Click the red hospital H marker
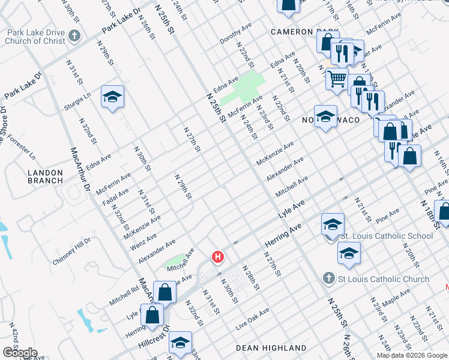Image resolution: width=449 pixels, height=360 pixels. point(218,257)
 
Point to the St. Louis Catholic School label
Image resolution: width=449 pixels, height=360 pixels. point(386,236)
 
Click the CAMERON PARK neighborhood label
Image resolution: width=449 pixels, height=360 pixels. point(300,31)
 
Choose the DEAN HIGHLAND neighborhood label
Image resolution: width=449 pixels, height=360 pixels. point(271,348)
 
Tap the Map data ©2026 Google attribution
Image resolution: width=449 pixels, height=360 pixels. point(412,355)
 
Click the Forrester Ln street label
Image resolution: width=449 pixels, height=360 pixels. point(23,149)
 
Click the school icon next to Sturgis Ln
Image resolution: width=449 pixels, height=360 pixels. point(112,97)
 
